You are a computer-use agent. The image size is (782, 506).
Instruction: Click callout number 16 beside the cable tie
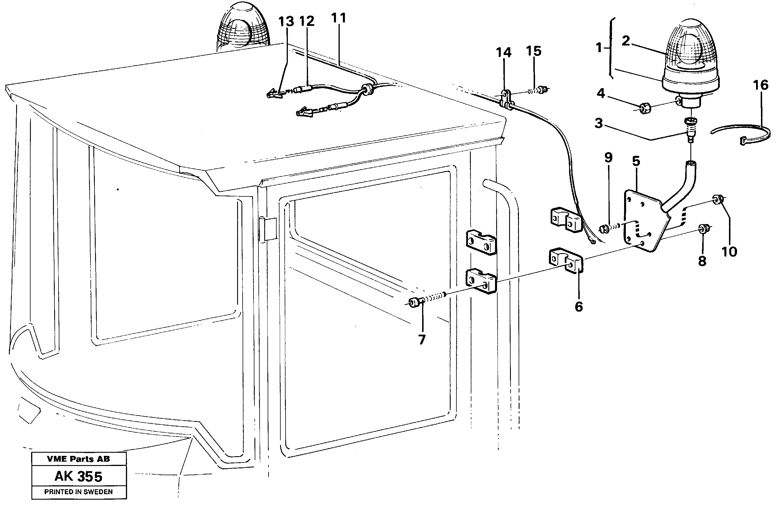761,85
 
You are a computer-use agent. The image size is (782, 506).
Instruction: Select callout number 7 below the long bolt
422,340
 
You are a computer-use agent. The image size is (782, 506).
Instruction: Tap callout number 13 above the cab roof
286,22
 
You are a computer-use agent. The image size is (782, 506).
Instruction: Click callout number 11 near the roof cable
339,18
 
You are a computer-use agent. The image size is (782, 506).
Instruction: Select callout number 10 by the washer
729,252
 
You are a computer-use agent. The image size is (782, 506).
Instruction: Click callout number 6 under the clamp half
579,307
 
